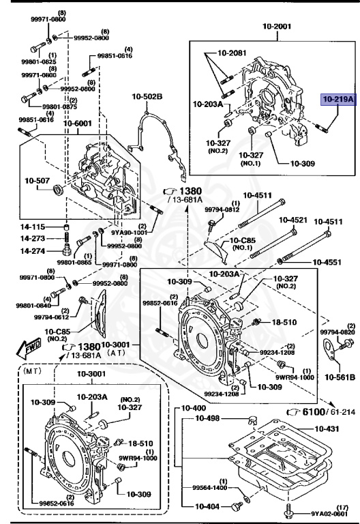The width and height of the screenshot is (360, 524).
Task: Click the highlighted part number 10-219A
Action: tap(339, 100)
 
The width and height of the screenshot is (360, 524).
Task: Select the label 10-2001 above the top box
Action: tap(276, 27)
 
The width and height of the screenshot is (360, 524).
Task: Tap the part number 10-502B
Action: tap(147, 96)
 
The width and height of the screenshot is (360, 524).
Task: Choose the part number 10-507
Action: tap(38, 181)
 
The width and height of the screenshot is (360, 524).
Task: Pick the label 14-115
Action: tap(32, 227)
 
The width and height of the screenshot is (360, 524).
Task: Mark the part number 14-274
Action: tap(32, 251)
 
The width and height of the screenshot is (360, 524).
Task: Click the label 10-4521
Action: tap(292, 220)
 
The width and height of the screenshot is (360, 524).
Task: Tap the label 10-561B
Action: tap(339, 376)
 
